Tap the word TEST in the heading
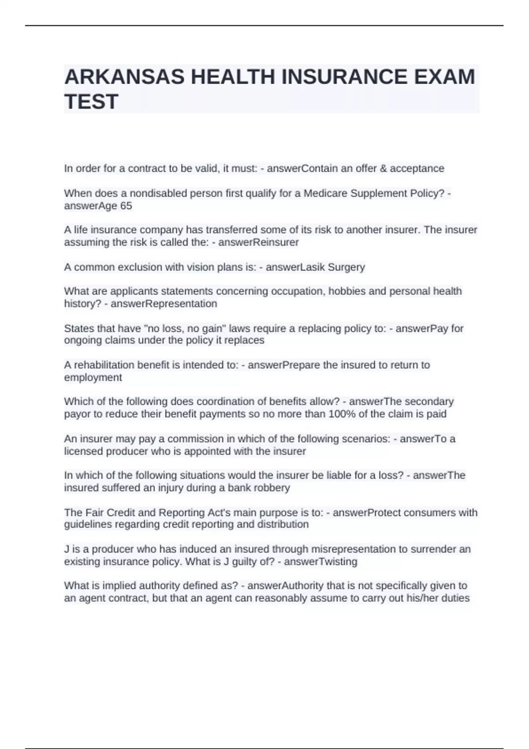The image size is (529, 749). click(x=91, y=102)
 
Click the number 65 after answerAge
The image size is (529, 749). click(x=126, y=206)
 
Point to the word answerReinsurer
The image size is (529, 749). click(x=259, y=242)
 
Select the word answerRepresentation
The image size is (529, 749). click(x=164, y=304)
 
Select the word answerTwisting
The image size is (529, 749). click(x=320, y=561)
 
